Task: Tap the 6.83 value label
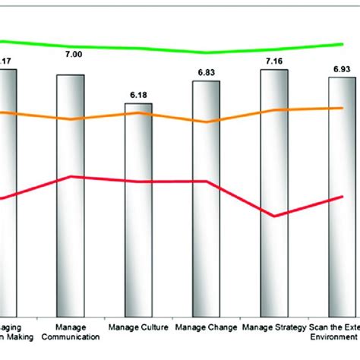[206, 72]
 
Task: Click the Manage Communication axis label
[71, 332]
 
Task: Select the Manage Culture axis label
[138, 328]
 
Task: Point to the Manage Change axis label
[206, 328]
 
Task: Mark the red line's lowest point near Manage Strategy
[274, 216]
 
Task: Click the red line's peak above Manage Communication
[71, 177]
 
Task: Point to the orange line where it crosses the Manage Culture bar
[139, 113]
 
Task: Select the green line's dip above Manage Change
[207, 53]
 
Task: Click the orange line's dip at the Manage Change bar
[206, 122]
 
